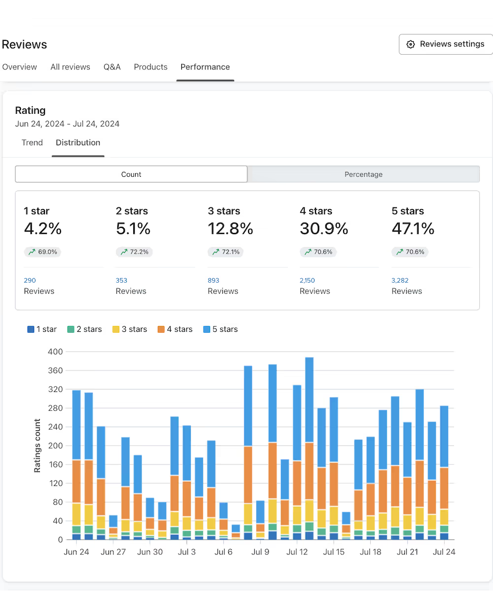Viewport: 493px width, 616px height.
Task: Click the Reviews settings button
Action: [x=446, y=44]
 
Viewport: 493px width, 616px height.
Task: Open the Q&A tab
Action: [x=112, y=67]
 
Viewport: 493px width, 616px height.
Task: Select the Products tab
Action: [x=150, y=67]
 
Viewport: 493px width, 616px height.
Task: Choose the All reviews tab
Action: [x=70, y=67]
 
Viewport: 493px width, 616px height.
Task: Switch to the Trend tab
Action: [x=32, y=143]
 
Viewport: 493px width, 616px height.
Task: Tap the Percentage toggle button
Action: [x=363, y=174]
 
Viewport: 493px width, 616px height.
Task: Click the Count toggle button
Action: [x=131, y=174]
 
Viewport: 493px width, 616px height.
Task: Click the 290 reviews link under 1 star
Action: [x=30, y=281]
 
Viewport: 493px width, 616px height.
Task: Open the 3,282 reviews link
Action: [x=400, y=281]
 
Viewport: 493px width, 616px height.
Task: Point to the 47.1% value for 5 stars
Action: [x=413, y=228]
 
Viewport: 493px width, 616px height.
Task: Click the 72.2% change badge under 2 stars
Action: [x=134, y=252]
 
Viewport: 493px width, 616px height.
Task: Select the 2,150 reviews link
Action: [x=307, y=281]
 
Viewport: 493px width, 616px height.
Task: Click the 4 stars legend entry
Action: [x=175, y=329]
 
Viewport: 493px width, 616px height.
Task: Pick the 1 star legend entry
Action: [x=42, y=329]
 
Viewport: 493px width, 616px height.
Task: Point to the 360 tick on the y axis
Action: [x=55, y=371]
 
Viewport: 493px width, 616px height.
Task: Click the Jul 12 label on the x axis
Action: [x=297, y=552]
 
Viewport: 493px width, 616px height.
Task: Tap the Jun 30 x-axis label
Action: [x=150, y=552]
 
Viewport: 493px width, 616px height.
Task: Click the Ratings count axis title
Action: [x=37, y=446]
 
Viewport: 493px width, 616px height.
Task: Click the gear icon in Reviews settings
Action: [x=411, y=44]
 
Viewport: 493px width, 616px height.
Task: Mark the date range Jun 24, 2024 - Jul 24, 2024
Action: [x=67, y=124]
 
